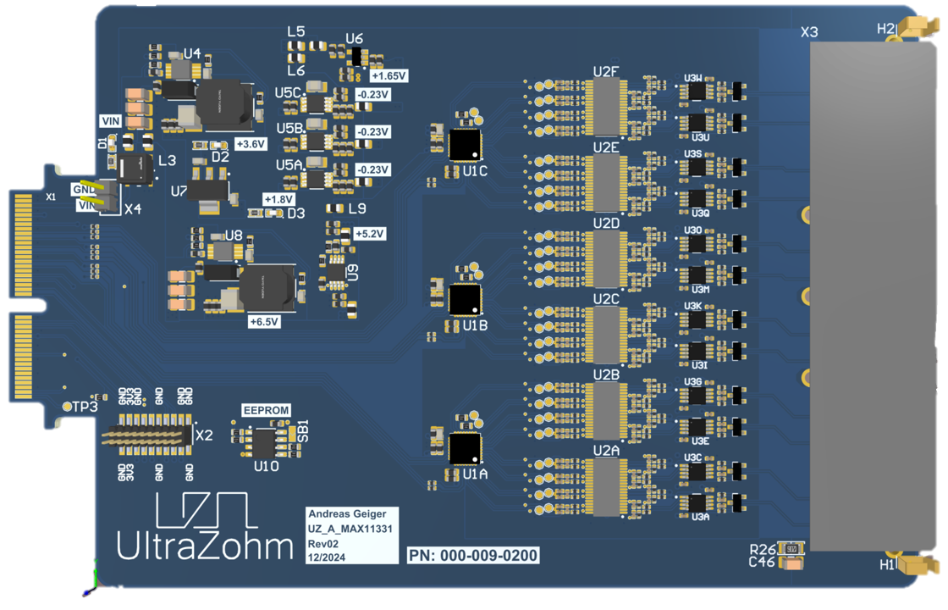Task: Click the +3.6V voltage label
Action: click(251, 144)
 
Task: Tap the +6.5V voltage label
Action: click(264, 322)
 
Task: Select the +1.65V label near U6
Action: click(389, 75)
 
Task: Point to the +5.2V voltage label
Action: click(370, 233)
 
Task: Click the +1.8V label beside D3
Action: click(278, 199)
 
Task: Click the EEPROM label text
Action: click(266, 410)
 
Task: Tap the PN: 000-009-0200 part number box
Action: click(473, 555)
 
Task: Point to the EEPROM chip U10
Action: click(266, 441)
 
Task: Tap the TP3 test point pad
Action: click(69, 406)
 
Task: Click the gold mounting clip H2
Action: click(913, 29)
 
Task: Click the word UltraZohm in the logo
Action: click(204, 546)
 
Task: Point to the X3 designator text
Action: click(809, 32)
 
